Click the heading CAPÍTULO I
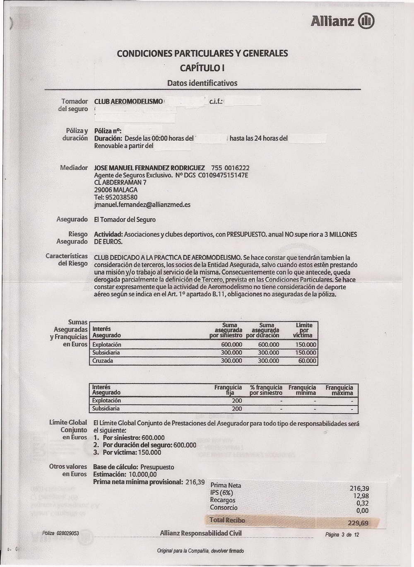[x=202, y=68]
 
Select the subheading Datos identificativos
[x=202, y=83]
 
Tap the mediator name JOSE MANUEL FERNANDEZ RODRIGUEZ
[x=149, y=168]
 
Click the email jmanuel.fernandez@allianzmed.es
[x=142, y=205]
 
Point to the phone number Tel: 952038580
[x=116, y=197]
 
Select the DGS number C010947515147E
[x=223, y=175]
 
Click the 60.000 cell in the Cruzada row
[x=307, y=361]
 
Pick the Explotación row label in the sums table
[x=107, y=345]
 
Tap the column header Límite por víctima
[x=304, y=330]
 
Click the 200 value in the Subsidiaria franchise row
[x=237, y=409]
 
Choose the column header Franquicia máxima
[x=339, y=390]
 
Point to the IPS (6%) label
[x=221, y=493]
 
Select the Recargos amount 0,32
[x=362, y=503]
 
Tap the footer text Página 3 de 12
[x=342, y=535]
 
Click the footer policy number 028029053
[x=68, y=533]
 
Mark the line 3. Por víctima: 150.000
[x=127, y=453]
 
